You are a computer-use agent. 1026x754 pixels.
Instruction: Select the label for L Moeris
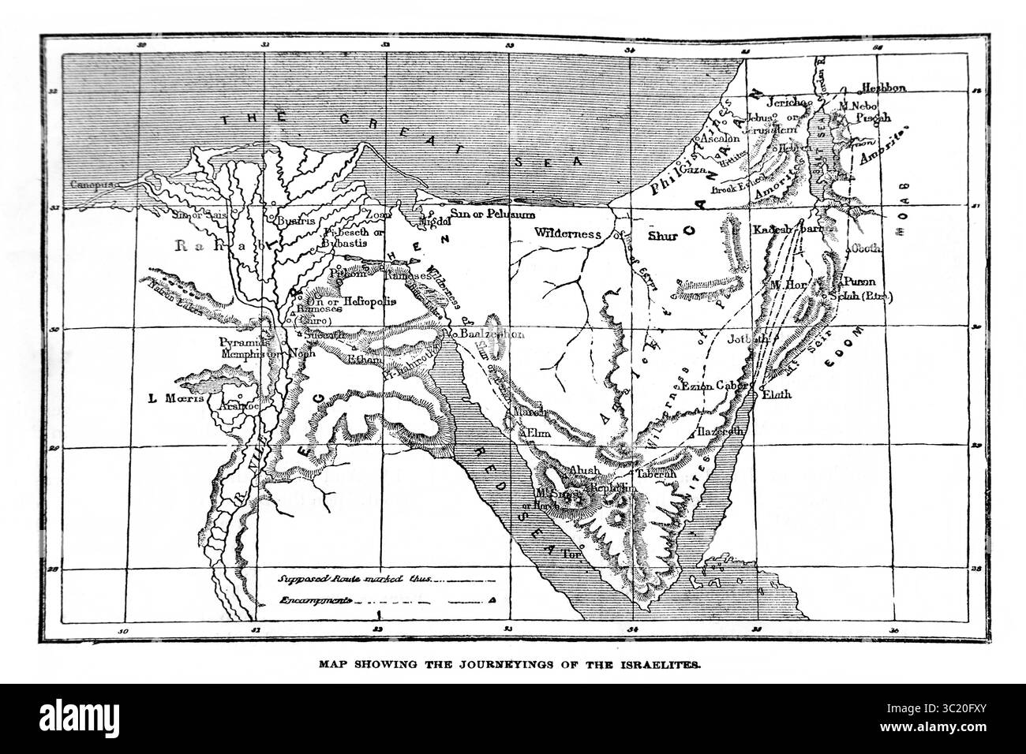175,398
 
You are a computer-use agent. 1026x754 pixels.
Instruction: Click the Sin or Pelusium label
492,214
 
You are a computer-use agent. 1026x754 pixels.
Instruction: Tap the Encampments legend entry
316,600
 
